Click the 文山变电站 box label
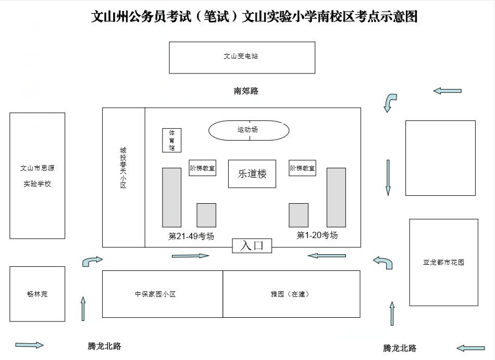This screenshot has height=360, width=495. (x=241, y=56)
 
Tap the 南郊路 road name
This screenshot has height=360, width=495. (x=246, y=91)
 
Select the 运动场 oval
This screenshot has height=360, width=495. (x=249, y=130)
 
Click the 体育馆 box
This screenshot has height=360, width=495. (x=172, y=140)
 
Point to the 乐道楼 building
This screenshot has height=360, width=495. (x=252, y=174)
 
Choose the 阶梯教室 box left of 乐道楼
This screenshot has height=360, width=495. (x=202, y=168)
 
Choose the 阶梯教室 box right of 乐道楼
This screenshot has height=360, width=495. (x=302, y=168)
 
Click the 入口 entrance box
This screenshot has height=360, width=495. (x=252, y=245)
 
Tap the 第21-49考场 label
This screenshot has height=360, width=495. (x=191, y=236)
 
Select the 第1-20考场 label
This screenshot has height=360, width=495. (x=317, y=235)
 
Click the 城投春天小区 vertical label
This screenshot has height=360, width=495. (x=123, y=167)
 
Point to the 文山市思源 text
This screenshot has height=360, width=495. (x=37, y=168)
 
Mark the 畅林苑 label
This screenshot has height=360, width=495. (x=37, y=294)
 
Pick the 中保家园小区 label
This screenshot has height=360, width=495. (x=155, y=294)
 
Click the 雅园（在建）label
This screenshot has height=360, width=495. (x=290, y=294)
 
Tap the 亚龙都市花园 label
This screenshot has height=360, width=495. (x=443, y=262)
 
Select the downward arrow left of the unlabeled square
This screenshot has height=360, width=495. (x=388, y=177)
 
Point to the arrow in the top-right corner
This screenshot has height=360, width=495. (x=447, y=91)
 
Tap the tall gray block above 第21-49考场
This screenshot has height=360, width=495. (x=172, y=197)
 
